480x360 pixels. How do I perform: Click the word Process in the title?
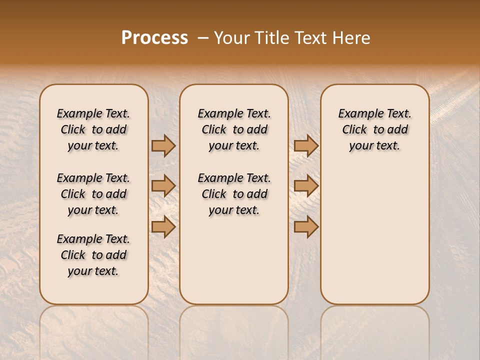click(154, 38)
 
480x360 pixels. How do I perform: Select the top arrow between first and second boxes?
click(163, 145)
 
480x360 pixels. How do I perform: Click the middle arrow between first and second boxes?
click(163, 186)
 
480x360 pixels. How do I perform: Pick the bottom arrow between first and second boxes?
click(163, 226)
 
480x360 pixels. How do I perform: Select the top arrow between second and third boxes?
click(306, 145)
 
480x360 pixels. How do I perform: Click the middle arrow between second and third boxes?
click(306, 186)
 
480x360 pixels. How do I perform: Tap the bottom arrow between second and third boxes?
click(306, 226)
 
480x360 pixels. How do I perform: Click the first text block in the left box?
click(93, 129)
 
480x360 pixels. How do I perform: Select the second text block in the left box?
click(93, 194)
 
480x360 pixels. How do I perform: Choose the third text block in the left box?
click(93, 255)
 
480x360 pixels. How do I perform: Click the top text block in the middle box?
click(234, 129)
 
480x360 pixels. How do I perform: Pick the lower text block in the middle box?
click(234, 194)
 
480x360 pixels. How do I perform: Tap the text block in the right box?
click(375, 129)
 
